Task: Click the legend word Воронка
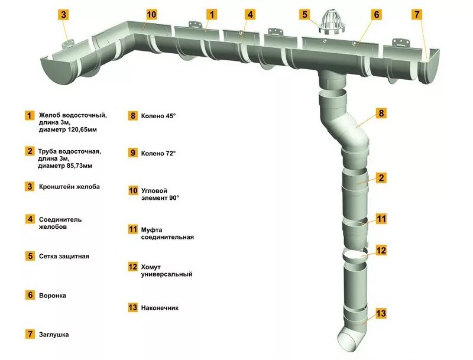click(x=53, y=295)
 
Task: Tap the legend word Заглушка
click(x=54, y=335)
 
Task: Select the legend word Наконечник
click(x=160, y=308)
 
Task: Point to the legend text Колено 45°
click(x=158, y=116)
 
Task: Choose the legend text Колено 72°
click(x=158, y=154)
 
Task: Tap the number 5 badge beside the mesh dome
click(x=304, y=14)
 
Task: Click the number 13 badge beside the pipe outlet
click(x=381, y=313)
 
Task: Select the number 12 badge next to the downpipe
click(x=381, y=250)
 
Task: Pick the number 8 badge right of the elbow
click(x=381, y=113)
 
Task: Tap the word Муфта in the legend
click(x=151, y=229)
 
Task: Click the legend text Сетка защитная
click(x=64, y=257)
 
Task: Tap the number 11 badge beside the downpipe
click(x=381, y=219)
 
